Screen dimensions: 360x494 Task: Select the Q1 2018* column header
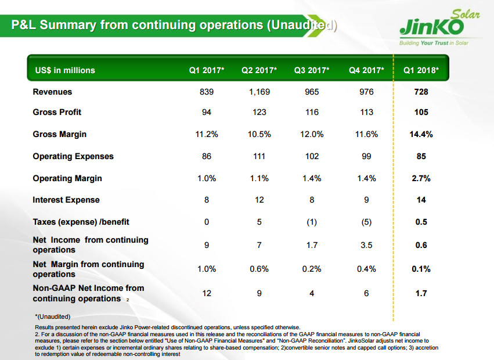click(x=421, y=70)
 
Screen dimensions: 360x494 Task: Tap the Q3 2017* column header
click(x=312, y=70)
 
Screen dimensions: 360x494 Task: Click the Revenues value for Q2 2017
click(x=259, y=92)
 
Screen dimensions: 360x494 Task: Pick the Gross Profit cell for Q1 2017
click(x=207, y=112)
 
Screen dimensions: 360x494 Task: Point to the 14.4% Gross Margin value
click(x=421, y=134)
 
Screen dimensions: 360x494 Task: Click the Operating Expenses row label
click(x=73, y=156)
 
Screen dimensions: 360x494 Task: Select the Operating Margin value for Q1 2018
click(x=421, y=178)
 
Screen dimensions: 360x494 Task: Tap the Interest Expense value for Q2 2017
click(x=259, y=200)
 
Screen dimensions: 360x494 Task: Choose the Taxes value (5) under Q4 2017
click(x=366, y=222)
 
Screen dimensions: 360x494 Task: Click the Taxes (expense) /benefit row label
click(x=81, y=222)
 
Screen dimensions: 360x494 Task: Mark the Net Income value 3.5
click(x=366, y=245)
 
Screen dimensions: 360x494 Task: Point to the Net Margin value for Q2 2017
click(x=259, y=269)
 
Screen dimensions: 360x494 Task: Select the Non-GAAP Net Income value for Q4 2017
click(x=366, y=293)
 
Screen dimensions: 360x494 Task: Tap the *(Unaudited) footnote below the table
click(x=53, y=316)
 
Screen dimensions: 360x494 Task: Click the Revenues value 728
click(x=421, y=92)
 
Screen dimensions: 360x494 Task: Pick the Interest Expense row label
click(x=66, y=200)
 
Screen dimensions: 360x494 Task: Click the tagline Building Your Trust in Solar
click(x=433, y=43)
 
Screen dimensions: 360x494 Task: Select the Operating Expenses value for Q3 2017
click(x=312, y=156)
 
